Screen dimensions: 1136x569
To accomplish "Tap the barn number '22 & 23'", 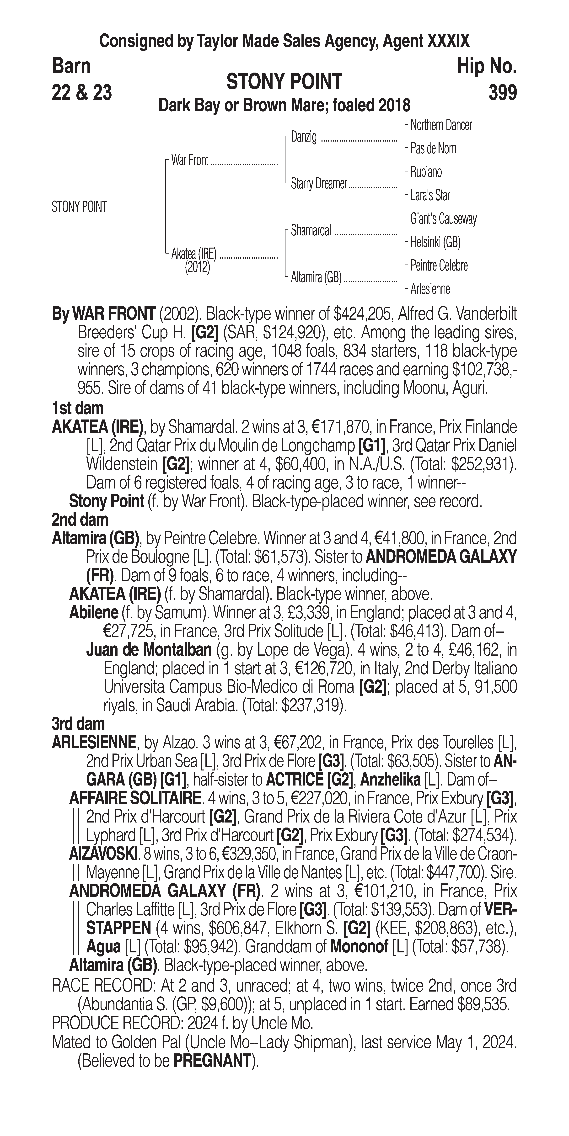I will tap(82, 93).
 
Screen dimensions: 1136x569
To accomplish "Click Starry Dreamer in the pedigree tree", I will tap(318, 184).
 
